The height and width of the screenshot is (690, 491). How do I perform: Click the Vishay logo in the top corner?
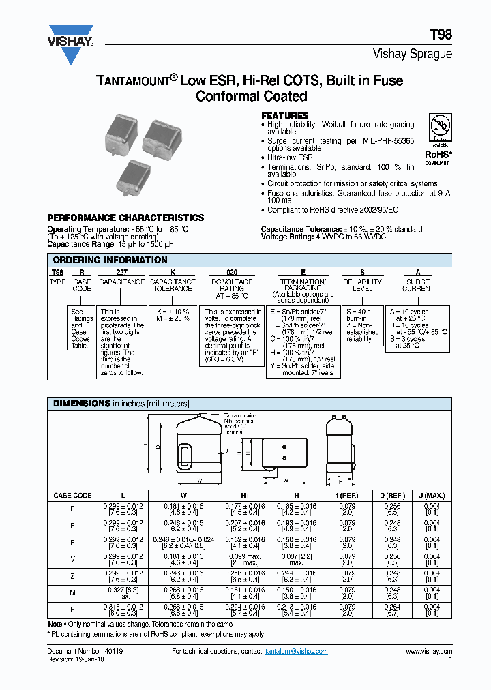click(70, 43)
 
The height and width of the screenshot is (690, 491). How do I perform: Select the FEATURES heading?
click(285, 116)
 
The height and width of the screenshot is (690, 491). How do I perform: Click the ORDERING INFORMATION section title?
click(110, 260)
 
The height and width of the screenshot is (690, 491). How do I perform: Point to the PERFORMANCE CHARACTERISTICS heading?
click(125, 217)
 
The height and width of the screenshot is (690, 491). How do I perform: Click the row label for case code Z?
click(72, 577)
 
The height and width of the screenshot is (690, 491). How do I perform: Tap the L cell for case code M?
click(123, 592)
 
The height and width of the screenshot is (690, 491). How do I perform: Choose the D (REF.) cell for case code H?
click(391, 609)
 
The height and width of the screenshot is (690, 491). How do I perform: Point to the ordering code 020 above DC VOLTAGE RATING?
click(232, 271)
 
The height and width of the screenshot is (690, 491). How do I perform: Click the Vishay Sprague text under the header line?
click(412, 54)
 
